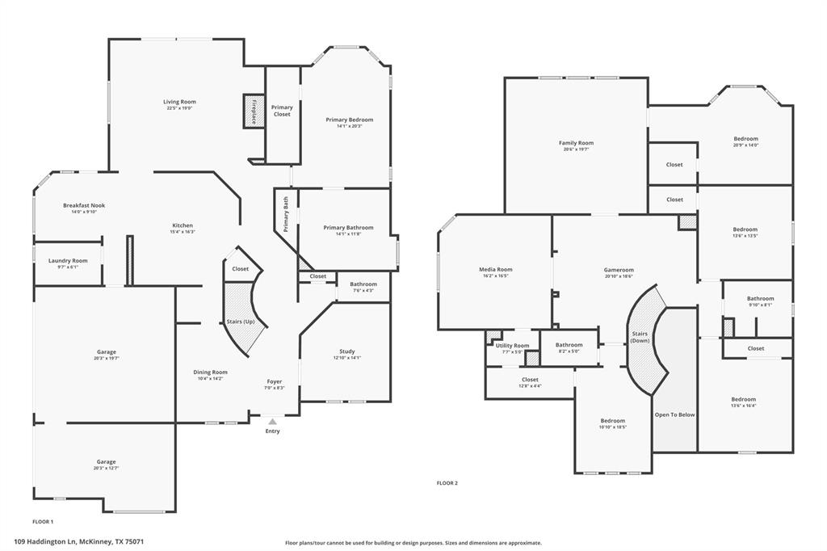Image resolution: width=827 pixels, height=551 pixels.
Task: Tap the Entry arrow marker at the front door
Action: coord(272,421)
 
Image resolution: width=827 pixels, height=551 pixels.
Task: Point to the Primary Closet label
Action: coord(282,111)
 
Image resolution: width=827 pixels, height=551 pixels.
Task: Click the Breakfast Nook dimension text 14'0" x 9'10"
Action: coord(84,212)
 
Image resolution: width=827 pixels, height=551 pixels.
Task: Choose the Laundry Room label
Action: coord(68,261)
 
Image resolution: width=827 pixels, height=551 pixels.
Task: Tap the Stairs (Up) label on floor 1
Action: coord(241,322)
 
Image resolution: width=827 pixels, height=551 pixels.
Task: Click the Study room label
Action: coord(346,351)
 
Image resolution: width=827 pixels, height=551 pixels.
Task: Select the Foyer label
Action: coord(275,381)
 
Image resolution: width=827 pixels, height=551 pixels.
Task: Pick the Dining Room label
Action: coord(210,372)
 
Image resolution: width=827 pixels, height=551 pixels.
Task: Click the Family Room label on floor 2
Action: coord(576,143)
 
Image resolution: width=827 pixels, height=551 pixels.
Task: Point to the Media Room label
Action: coord(495,269)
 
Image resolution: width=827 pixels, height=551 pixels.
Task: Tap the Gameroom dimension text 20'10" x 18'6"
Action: coord(619,276)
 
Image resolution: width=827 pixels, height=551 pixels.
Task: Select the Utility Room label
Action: coord(512,346)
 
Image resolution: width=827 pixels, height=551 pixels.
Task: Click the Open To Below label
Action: coord(674,414)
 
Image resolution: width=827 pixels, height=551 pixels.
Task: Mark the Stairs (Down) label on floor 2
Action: coord(640,337)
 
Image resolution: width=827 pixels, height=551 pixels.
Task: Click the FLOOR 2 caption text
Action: coord(447,483)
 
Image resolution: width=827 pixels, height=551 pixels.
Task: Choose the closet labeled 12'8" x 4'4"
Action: coord(530,386)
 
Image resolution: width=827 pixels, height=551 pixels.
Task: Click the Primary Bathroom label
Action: coord(348,228)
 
